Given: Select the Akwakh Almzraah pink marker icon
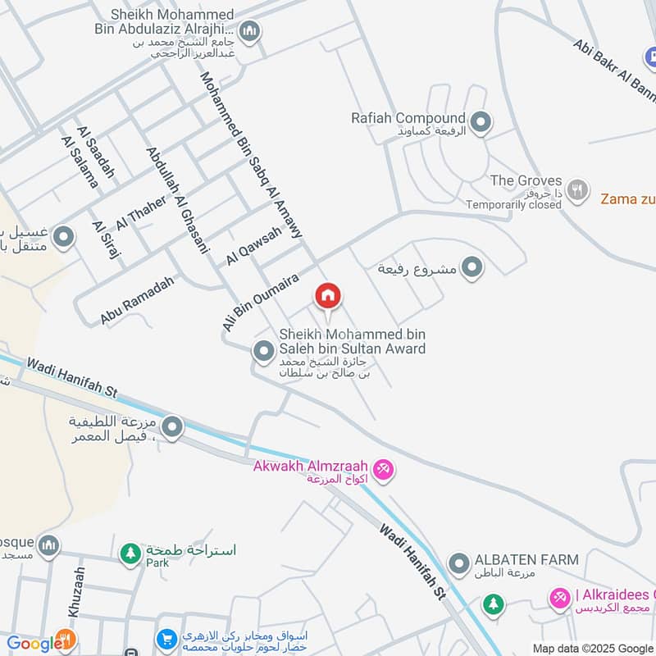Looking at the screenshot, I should click(x=382, y=470).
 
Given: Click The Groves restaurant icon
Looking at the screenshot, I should click(x=579, y=188).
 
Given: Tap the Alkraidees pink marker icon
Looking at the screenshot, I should click(x=560, y=599).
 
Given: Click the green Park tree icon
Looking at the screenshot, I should click(x=130, y=553).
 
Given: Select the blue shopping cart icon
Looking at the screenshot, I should click(x=166, y=639).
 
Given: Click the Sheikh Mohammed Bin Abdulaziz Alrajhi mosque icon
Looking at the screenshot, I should click(x=251, y=32).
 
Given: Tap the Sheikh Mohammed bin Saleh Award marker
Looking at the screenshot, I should click(x=263, y=352).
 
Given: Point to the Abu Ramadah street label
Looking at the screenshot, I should click(x=139, y=299).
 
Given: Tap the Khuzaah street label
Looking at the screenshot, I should click(x=76, y=592).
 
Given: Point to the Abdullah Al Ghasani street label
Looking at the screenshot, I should click(x=178, y=200).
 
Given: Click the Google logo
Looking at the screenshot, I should click(x=30, y=644).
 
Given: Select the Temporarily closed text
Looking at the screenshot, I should click(x=513, y=204).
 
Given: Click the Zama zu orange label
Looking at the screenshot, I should click(x=627, y=198).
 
